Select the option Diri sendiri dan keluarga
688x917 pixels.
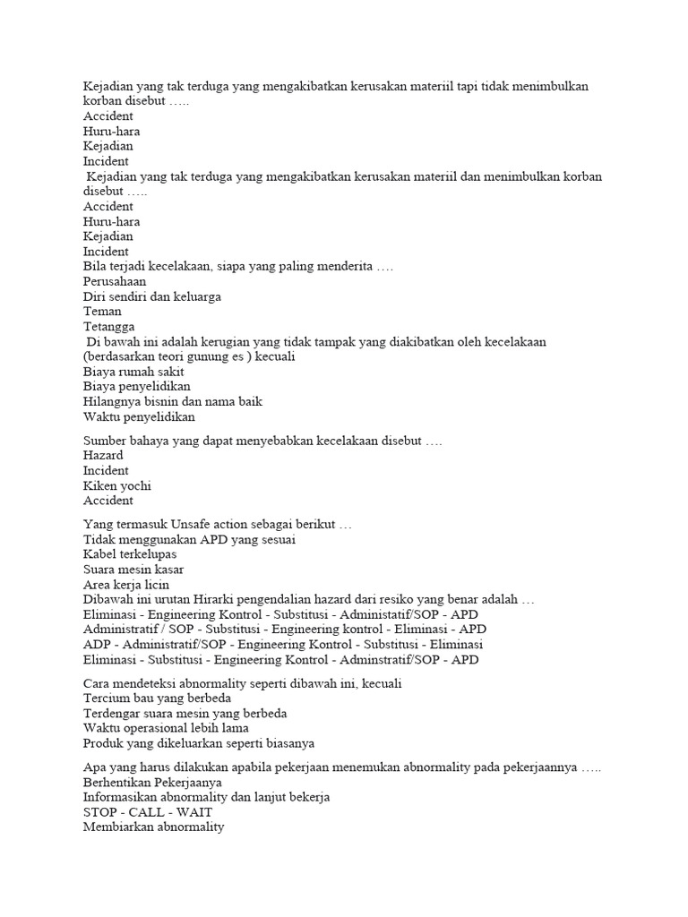pos(151,296)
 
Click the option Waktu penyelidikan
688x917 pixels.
pos(139,416)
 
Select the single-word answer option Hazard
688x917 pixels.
pos(103,456)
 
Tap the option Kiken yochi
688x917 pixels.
pos(116,485)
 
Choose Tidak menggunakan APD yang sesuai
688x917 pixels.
pos(189,539)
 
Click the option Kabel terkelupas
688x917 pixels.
pos(129,554)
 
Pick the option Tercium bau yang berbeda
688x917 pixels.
pos(157,698)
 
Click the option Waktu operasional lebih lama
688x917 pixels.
pos(166,728)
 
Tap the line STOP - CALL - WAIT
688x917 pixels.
pos(148,812)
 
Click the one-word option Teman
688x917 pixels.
pos(102,312)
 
